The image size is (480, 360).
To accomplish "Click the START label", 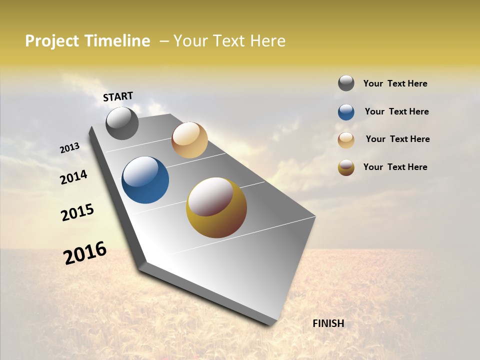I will tap(118, 96).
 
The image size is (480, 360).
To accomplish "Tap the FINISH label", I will tap(328, 323).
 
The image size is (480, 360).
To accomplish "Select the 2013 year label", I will tap(70, 148).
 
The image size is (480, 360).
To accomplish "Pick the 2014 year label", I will tap(74, 177).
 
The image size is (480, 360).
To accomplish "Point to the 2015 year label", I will tap(77, 212).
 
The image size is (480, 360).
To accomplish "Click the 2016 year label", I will tap(85, 253).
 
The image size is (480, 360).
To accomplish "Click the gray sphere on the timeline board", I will tap(122, 123).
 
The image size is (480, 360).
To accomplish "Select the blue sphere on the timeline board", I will tap(145, 180).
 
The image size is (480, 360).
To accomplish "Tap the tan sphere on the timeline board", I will tap(189, 140).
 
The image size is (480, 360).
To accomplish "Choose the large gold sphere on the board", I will tap(216, 207).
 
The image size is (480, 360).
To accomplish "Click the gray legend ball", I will tap(346, 83).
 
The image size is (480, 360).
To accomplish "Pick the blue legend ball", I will tap(346, 112).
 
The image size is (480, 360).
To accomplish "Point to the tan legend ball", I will tap(346, 139).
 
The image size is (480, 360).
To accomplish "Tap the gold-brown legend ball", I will tap(346, 167).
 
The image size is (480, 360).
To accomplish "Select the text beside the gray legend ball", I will tap(395, 84).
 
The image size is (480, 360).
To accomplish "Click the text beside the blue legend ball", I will tap(396, 111).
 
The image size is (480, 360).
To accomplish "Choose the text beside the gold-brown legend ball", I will tap(395, 167).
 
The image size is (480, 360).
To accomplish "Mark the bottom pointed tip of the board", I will tap(273, 324).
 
